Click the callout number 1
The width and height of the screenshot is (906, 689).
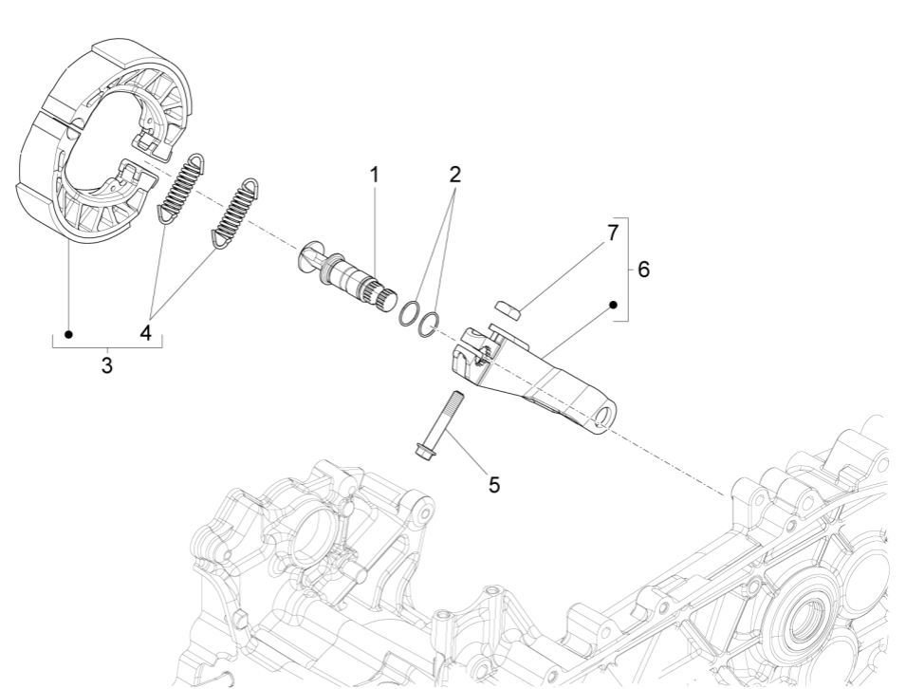tap(374, 175)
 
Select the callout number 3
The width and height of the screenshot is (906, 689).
tap(107, 364)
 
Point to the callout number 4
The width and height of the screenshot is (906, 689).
tap(145, 333)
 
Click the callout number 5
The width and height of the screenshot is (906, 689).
tap(493, 484)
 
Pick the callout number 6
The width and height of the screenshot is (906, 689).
tap(643, 270)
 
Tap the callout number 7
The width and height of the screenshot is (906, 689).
tap(612, 231)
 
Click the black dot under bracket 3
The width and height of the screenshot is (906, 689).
tap(68, 333)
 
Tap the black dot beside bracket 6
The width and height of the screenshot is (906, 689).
tap(613, 305)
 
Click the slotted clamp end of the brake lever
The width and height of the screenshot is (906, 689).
tap(469, 348)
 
